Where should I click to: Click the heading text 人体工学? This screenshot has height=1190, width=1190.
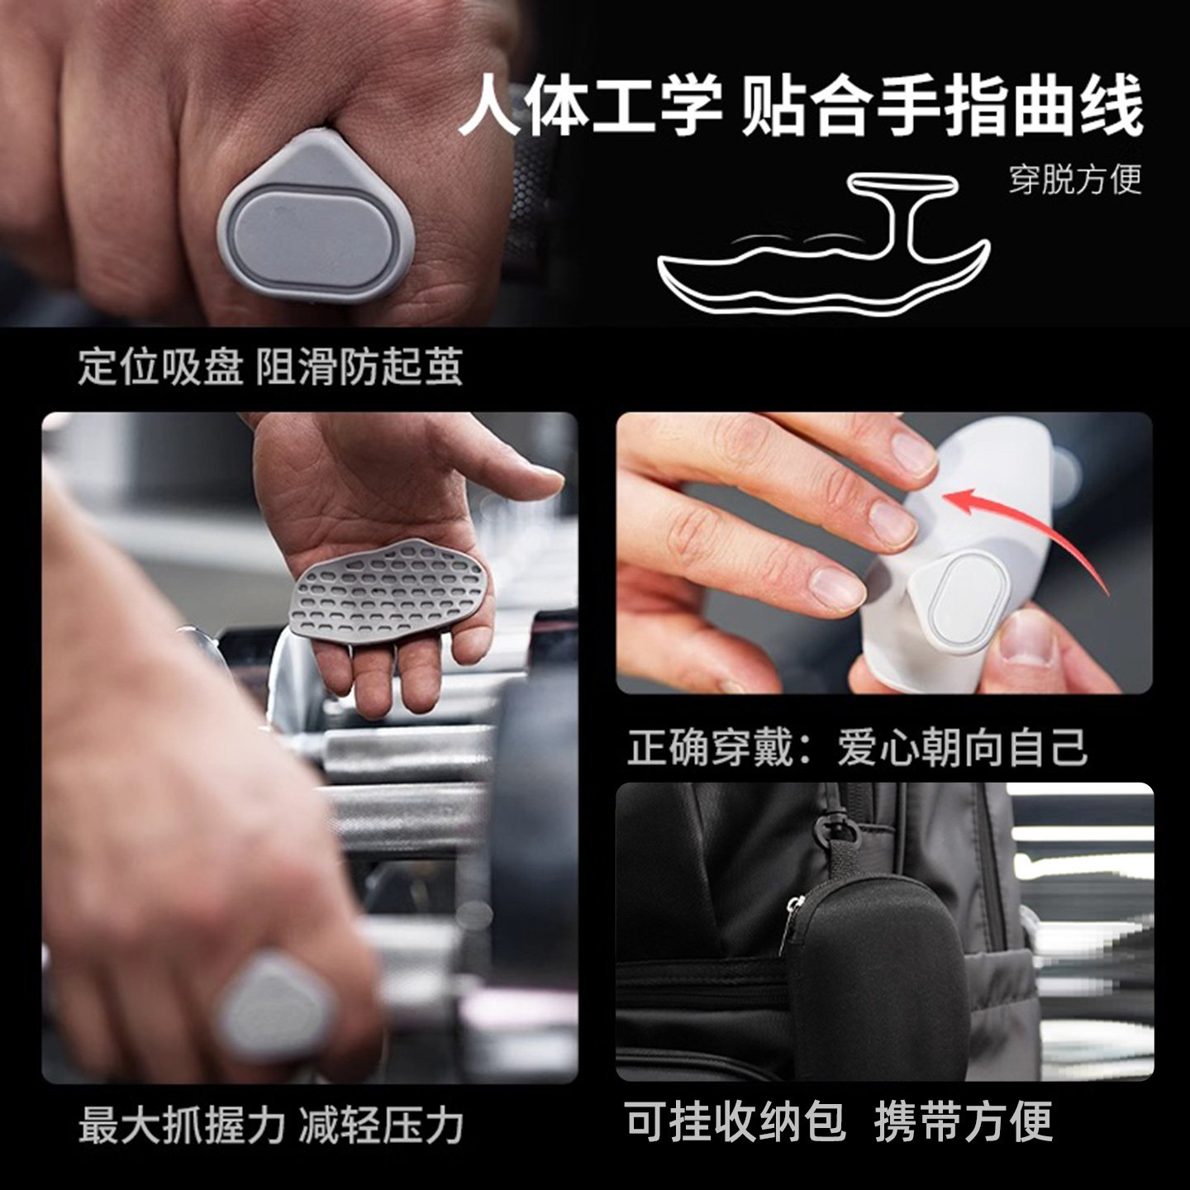tap(590, 106)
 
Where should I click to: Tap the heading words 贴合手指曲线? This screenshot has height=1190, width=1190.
tap(942, 106)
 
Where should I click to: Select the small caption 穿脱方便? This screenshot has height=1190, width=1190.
tap(1074, 178)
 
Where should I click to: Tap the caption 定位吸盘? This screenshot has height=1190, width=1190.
tap(160, 367)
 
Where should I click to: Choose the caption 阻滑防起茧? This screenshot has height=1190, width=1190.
tap(359, 367)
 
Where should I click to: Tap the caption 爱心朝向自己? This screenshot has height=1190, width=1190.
tap(963, 748)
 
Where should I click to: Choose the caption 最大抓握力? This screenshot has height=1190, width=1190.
tap(182, 1126)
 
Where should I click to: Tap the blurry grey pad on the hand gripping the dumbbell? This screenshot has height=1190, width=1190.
tap(273, 1002)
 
